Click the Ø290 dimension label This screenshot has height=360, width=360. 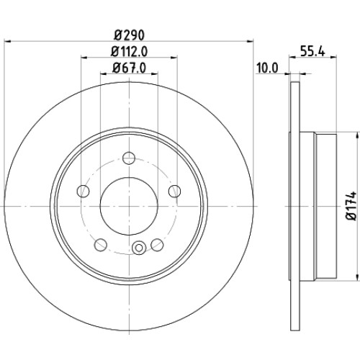point(129,35)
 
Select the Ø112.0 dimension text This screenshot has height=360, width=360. point(129,51)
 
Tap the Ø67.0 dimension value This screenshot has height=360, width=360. point(129,68)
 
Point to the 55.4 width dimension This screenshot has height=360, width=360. point(312,51)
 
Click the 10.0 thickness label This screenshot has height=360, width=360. point(267,68)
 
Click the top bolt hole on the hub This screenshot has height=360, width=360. point(129,158)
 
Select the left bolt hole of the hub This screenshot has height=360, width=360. point(84,191)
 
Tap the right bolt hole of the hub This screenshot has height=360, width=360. point(174,191)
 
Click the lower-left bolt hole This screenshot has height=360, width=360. point(101,245)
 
